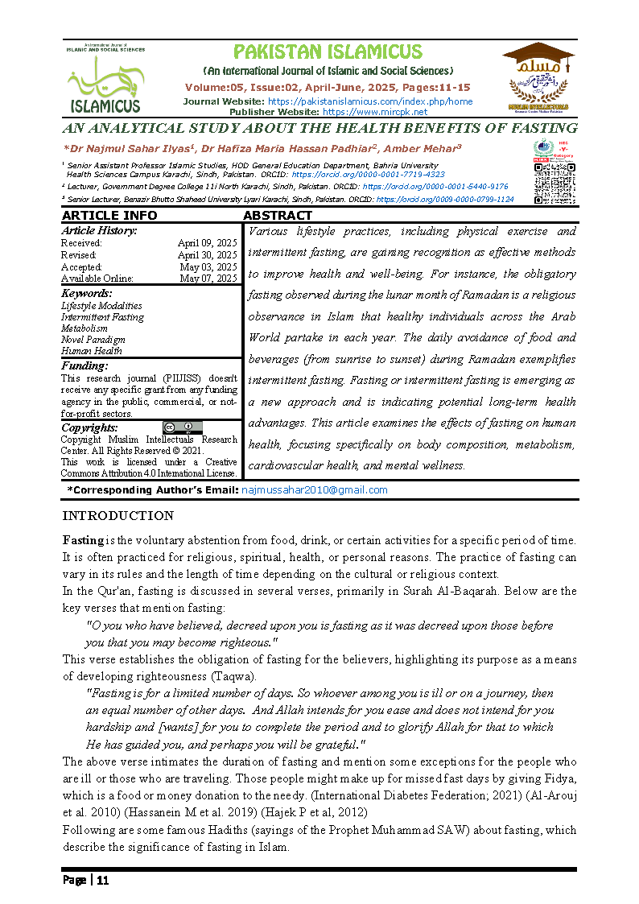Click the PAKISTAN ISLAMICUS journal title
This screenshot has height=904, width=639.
[x=327, y=52]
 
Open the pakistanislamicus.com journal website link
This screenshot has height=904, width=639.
[x=369, y=101]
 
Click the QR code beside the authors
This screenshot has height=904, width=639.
[x=554, y=184]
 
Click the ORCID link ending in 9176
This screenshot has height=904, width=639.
[x=435, y=186]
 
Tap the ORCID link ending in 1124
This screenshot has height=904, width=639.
[x=445, y=199]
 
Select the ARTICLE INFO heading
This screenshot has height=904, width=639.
[x=109, y=216]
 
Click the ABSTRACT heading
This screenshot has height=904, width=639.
[x=278, y=216]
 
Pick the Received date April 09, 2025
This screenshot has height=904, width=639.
[x=207, y=243]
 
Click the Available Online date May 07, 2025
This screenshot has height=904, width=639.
[x=208, y=279]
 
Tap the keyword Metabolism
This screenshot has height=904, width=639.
[x=85, y=328]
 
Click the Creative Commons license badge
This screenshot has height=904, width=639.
[x=182, y=427]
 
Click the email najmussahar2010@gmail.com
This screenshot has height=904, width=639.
[x=315, y=489]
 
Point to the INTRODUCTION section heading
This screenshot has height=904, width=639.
[x=117, y=516]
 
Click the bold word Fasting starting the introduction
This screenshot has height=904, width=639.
[x=83, y=539]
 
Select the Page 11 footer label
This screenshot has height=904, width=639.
[x=85, y=880]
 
